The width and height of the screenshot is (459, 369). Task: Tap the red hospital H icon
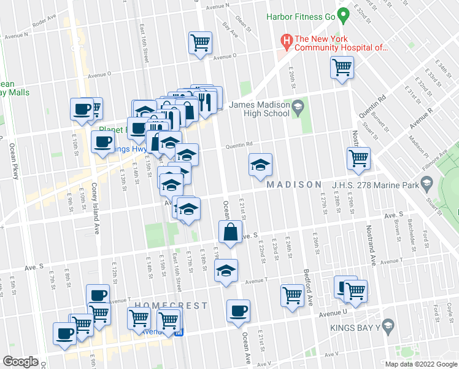coord(286,42)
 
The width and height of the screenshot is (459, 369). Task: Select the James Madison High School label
coord(259,109)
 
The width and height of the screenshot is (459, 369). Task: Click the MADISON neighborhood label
coord(294,184)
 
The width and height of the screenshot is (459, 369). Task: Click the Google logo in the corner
coord(20,362)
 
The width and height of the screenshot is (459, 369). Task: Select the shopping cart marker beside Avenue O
coord(200,44)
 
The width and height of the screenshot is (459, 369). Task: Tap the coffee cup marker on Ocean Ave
coord(238,311)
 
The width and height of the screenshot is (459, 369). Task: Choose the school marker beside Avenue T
coord(226,271)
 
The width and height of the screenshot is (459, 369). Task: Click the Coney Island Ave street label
coord(96,209)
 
